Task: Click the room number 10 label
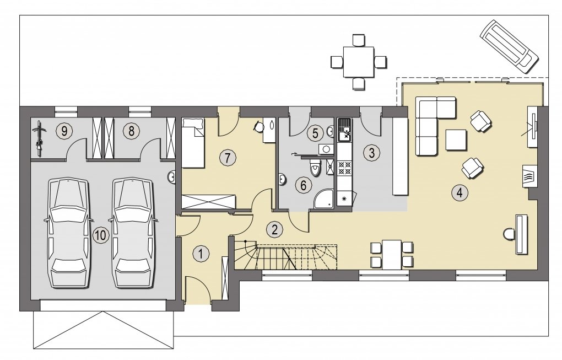click(100, 235)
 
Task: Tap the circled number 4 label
click(460, 193)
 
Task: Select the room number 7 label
click(228, 158)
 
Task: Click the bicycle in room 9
click(40, 139)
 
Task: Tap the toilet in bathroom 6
click(315, 169)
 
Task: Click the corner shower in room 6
click(323, 199)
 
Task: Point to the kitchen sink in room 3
click(344, 130)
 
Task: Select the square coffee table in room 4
click(456, 140)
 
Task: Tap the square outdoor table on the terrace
click(359, 62)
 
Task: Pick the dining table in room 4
click(391, 255)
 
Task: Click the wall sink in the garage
click(171, 177)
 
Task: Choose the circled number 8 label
click(131, 131)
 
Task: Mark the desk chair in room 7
click(258, 126)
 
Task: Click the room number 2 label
click(274, 229)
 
